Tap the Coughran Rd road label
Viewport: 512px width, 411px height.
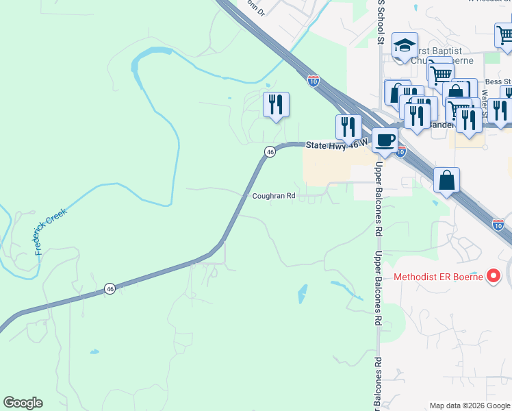[273, 195]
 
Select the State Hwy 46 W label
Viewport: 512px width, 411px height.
[336, 144]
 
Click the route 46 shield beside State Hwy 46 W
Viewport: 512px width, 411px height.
[270, 151]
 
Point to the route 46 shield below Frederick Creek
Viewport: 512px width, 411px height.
[110, 289]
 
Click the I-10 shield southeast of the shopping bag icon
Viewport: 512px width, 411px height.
[499, 223]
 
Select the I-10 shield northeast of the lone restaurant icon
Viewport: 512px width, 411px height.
[313, 81]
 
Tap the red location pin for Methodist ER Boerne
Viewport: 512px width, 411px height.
[494, 277]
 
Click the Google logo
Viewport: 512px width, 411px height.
[23, 403]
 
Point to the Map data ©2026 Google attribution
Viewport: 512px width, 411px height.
[469, 406]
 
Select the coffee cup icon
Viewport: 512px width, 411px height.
[385, 140]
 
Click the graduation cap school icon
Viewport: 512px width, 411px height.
[405, 46]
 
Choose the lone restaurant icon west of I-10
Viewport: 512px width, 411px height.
[276, 105]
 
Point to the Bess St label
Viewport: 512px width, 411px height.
[494, 82]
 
